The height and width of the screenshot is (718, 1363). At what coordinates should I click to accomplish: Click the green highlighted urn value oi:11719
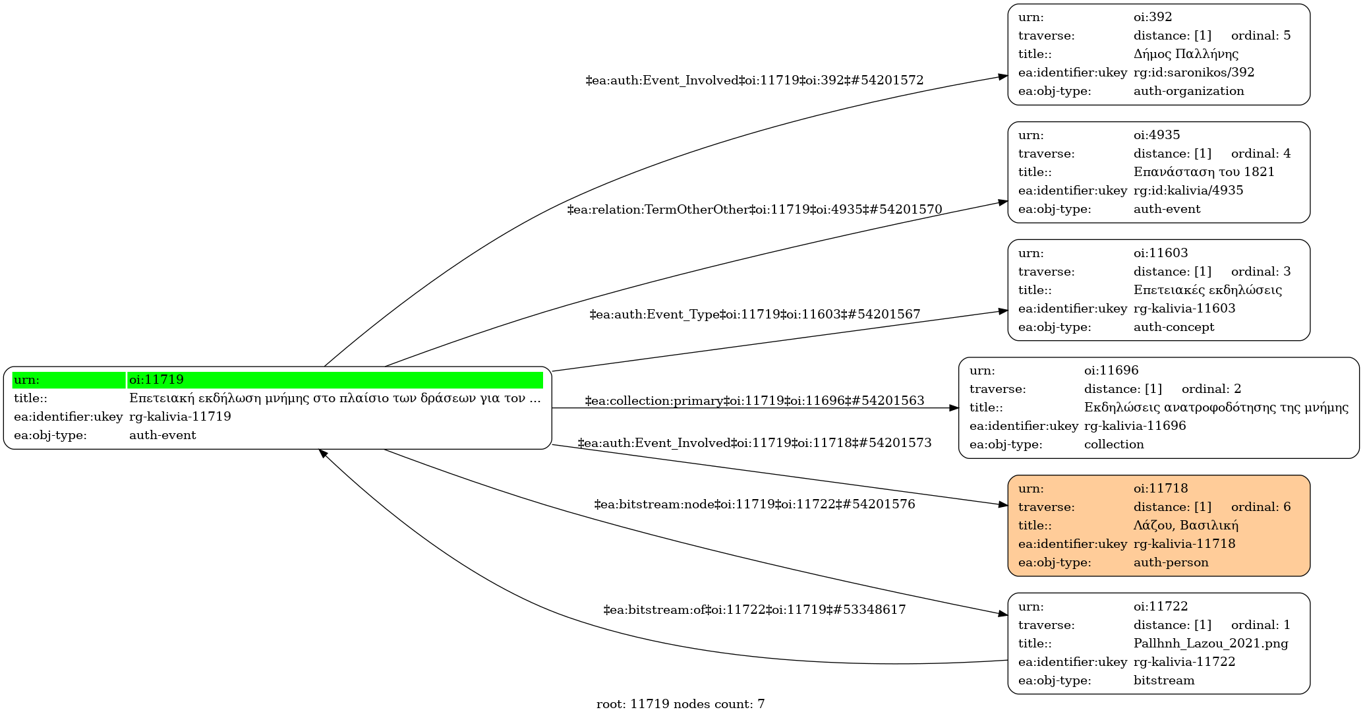(x=156, y=380)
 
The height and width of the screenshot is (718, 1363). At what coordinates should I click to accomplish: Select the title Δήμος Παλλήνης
(x=1186, y=54)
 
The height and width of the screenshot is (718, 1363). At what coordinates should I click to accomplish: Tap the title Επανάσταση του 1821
(x=1203, y=172)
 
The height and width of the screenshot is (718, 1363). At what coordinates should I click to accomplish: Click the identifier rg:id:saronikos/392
(x=1194, y=73)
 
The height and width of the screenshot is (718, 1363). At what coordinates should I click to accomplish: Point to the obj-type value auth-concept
(x=1173, y=327)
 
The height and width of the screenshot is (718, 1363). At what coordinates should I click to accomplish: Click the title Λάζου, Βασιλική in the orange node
(x=1186, y=525)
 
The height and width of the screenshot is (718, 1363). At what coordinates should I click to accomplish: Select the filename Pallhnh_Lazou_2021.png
(x=1210, y=643)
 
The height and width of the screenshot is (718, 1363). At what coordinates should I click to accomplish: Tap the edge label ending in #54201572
(x=754, y=80)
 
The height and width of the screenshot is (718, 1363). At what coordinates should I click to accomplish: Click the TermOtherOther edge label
(x=754, y=210)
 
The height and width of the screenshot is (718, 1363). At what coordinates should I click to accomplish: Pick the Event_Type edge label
(x=754, y=314)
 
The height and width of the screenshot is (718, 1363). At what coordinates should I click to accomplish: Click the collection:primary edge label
(x=754, y=401)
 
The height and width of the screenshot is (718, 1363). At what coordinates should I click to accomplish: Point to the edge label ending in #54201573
(x=754, y=443)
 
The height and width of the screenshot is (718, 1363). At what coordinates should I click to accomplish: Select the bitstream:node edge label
(x=754, y=504)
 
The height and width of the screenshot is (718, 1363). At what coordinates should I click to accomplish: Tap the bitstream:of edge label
(x=754, y=610)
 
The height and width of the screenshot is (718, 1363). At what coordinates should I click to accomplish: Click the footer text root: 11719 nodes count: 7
(x=680, y=704)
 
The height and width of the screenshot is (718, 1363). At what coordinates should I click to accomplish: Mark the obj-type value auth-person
(x=1171, y=562)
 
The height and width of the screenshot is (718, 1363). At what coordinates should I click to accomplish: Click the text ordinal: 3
(x=1260, y=272)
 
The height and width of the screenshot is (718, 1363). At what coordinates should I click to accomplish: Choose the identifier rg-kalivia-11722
(x=1184, y=662)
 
